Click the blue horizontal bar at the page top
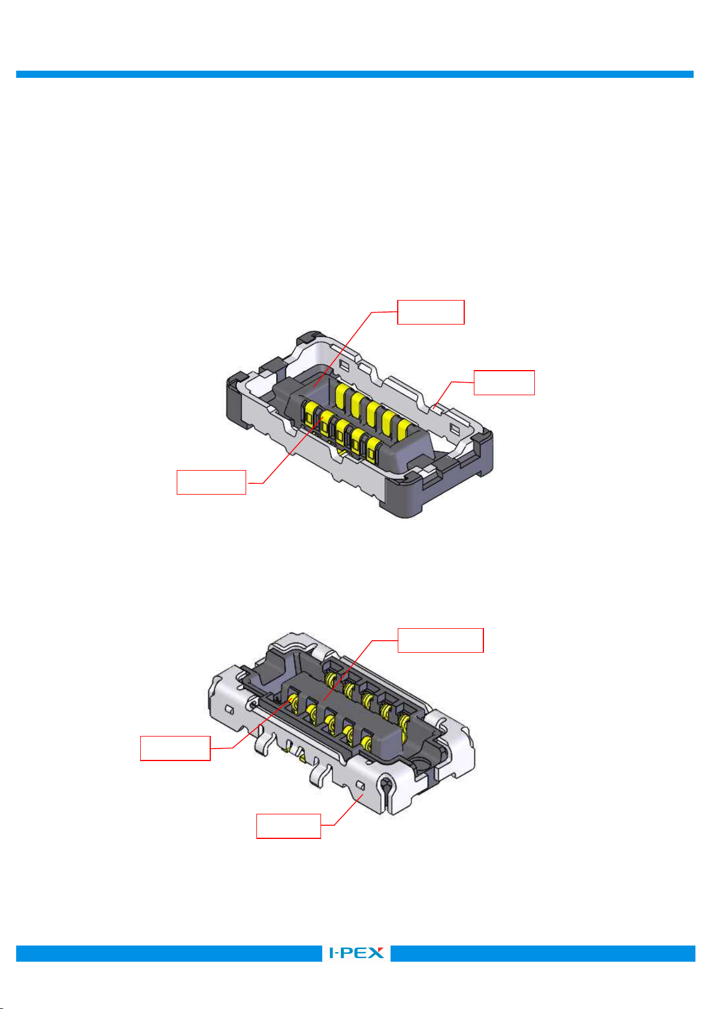355,74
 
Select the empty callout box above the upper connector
431,312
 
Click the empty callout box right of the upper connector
504,383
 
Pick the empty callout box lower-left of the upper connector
211,482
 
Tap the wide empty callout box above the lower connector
441,640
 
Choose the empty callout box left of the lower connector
176,748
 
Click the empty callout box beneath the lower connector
289,826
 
